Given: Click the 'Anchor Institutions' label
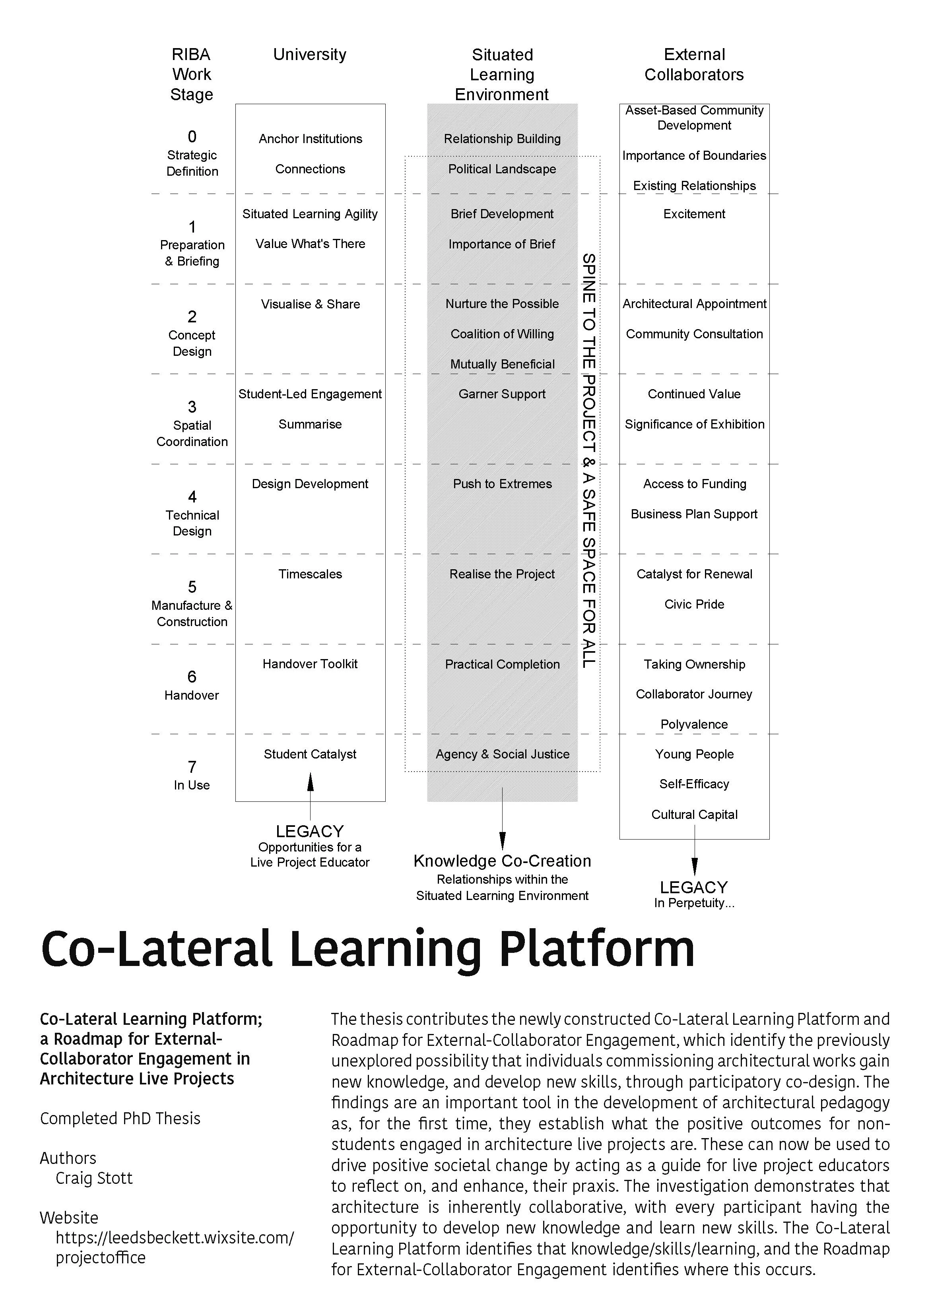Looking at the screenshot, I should point(310,139).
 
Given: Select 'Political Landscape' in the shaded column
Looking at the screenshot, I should point(502,169).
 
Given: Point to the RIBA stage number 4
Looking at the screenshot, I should point(192,497).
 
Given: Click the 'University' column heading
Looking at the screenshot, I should point(309,54).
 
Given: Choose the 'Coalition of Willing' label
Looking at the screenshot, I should point(502,334).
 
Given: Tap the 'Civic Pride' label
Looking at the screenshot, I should point(694,604).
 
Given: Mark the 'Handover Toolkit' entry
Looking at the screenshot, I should point(310,664).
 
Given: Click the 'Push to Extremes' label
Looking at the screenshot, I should point(502,484).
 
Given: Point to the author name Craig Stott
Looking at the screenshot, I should point(94,1178).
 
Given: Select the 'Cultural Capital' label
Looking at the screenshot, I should point(694,815).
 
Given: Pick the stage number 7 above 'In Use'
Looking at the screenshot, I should point(192,766).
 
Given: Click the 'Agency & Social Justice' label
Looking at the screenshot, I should point(502,754).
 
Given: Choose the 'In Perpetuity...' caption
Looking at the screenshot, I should point(694,903).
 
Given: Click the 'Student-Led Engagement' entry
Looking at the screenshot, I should point(310,394).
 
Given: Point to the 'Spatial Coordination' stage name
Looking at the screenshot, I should point(192,434).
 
